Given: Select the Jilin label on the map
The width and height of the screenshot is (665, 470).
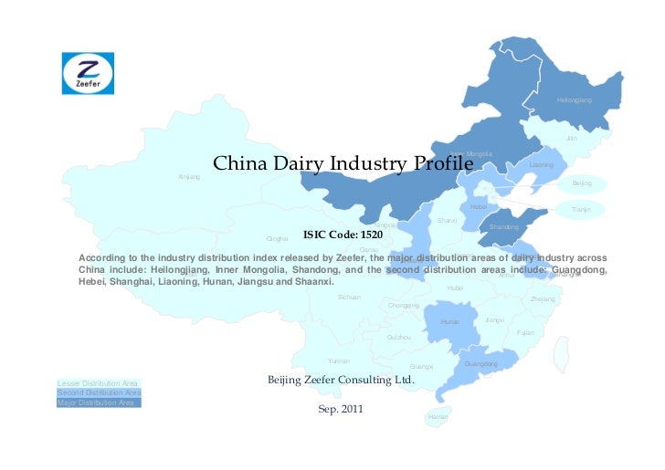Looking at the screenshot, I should pyautogui.click(x=572, y=138).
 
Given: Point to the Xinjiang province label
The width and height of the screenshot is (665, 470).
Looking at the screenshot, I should pyautogui.click(x=188, y=176).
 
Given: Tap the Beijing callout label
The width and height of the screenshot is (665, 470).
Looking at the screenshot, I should pyautogui.click(x=582, y=183).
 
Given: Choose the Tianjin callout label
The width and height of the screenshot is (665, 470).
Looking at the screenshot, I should pyautogui.click(x=582, y=210).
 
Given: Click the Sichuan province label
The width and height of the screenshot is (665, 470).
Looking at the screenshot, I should pyautogui.click(x=349, y=297).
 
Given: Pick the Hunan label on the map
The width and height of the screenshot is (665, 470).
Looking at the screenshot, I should pyautogui.click(x=450, y=322).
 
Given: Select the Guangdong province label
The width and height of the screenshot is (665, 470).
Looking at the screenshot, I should pyautogui.click(x=481, y=364).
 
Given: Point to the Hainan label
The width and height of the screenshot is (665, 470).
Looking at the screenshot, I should pyautogui.click(x=438, y=417).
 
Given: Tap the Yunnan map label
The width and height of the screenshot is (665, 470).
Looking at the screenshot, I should pyautogui.click(x=339, y=361).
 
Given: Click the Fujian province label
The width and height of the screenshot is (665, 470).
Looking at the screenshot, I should pyautogui.click(x=525, y=332).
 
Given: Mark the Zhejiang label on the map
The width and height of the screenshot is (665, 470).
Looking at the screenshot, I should pyautogui.click(x=543, y=299).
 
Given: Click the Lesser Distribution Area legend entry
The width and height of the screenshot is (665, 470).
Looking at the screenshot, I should pyautogui.click(x=98, y=382).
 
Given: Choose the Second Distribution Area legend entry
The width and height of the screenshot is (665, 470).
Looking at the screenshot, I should pyautogui.click(x=98, y=392).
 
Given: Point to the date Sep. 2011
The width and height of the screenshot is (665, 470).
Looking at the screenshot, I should pyautogui.click(x=341, y=410).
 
